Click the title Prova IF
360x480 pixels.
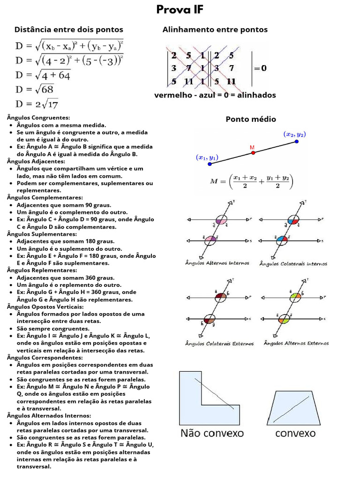click(x=180, y=10)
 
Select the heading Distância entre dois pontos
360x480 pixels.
click(x=69, y=30)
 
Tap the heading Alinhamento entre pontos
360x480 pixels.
click(x=215, y=30)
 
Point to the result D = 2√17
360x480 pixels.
click(x=37, y=104)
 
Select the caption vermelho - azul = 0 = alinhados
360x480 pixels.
click(x=215, y=95)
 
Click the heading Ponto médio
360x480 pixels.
click(x=251, y=119)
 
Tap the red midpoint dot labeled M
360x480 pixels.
click(x=253, y=152)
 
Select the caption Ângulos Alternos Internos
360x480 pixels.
click(x=217, y=263)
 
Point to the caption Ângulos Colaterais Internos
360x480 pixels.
click(x=293, y=264)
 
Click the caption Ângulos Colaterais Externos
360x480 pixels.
click(x=219, y=344)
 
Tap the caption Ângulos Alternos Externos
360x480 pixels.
click(x=296, y=343)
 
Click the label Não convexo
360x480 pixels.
click(x=212, y=433)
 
